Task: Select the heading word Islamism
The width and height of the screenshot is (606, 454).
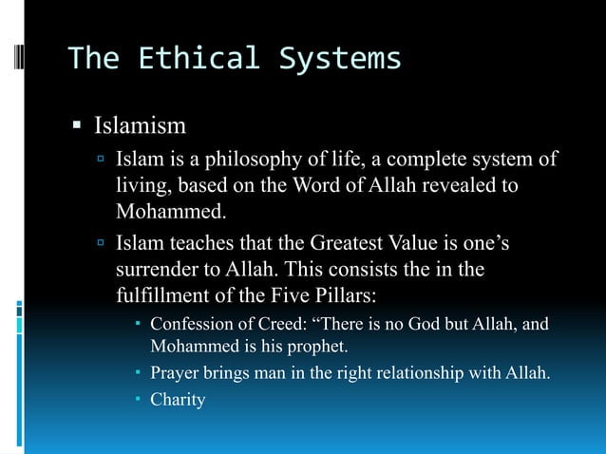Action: click(x=140, y=125)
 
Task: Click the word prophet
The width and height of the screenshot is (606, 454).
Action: click(x=309, y=345)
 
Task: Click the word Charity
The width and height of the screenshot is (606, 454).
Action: click(x=178, y=400)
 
